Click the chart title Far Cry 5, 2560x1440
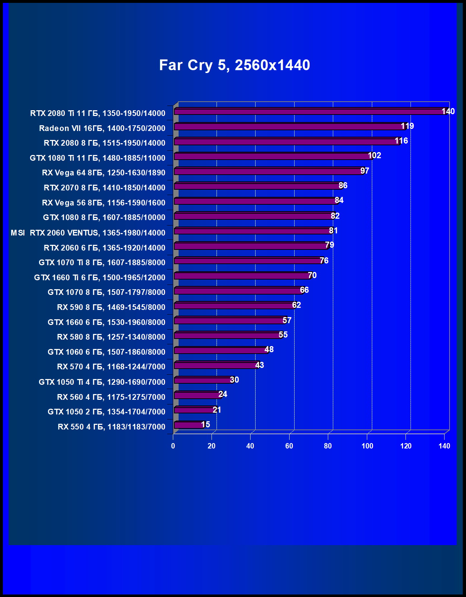234,65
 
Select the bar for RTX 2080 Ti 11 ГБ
308,112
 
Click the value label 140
448,111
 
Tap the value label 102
374,155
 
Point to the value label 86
343,185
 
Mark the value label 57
287,320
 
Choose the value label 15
205,424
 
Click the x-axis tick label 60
289,446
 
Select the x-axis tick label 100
367,446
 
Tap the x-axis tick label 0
173,446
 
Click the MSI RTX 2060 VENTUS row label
88,233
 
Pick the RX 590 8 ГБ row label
111,307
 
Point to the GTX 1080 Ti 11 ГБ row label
97,158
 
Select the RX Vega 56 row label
103,203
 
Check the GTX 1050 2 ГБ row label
106,412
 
